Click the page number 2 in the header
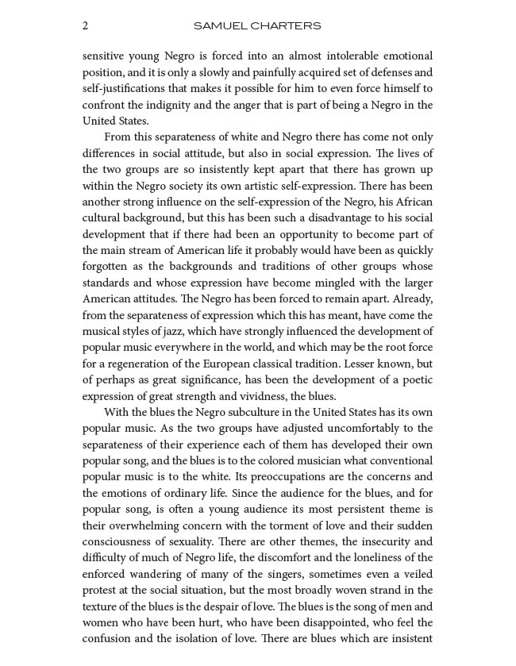86,25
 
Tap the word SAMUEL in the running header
216,25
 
